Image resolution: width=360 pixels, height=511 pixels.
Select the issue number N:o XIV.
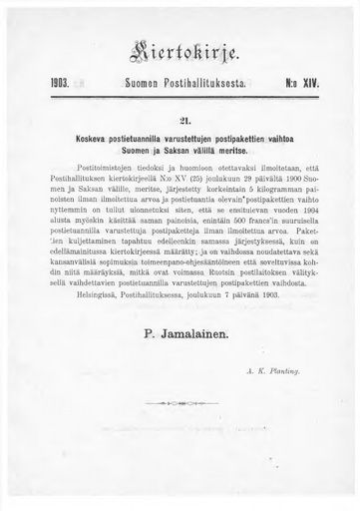pos(300,87)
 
